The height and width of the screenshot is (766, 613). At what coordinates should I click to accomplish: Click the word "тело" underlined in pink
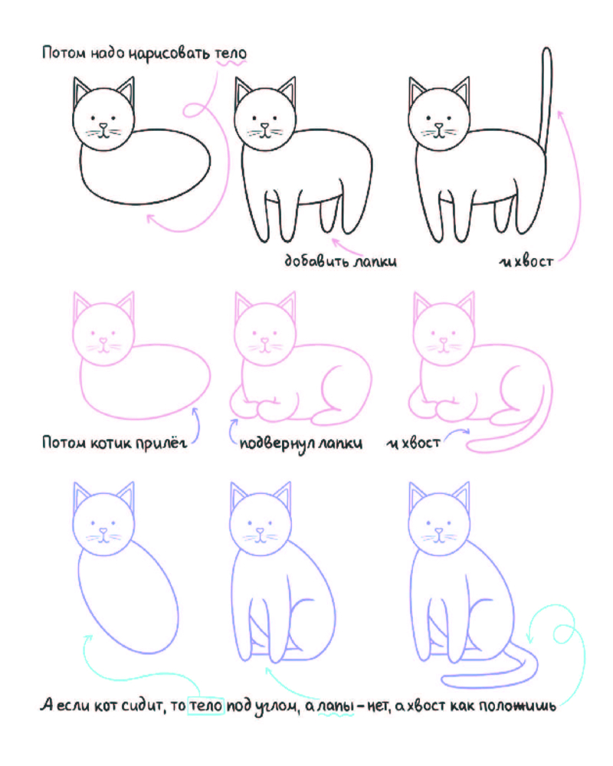click(x=231, y=53)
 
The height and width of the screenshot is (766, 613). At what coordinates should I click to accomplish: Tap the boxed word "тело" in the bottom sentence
click(x=206, y=705)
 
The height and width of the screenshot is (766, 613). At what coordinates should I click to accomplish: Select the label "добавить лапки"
click(x=341, y=260)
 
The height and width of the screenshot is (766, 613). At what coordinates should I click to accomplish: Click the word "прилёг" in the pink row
click(x=162, y=443)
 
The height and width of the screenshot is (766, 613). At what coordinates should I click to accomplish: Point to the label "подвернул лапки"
click(x=301, y=444)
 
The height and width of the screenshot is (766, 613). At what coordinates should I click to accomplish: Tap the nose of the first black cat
click(x=103, y=126)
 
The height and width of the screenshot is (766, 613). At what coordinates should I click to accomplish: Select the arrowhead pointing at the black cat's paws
click(x=336, y=241)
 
